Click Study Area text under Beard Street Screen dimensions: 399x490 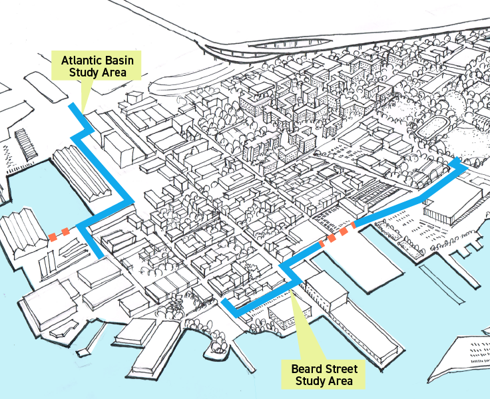point(322,381)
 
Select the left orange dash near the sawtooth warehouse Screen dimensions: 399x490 point(52,237)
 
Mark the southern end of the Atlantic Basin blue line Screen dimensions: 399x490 point(100,255)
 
